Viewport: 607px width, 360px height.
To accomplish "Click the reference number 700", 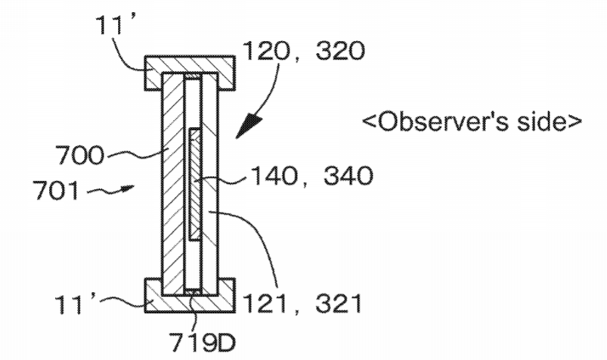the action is pyautogui.click(x=80, y=155).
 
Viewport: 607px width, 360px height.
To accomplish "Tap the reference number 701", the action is pyautogui.click(x=57, y=191).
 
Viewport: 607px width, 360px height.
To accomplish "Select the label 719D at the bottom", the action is pyautogui.click(x=203, y=343).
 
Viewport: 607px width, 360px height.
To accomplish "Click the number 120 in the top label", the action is pyautogui.click(x=267, y=51).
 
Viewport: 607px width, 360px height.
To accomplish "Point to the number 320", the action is pyautogui.click(x=341, y=51).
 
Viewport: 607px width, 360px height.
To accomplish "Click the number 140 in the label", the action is pyautogui.click(x=274, y=175).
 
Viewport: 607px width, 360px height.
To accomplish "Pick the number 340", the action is pyautogui.click(x=348, y=175).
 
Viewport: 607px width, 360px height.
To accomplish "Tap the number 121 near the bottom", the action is pyautogui.click(x=266, y=303).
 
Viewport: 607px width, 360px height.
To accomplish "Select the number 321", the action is pyautogui.click(x=339, y=303).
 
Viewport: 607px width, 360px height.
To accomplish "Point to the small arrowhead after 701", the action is pyautogui.click(x=129, y=188).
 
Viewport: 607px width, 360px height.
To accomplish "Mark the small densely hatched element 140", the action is pyautogui.click(x=195, y=185).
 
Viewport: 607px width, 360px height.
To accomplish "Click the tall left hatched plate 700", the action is pyautogui.click(x=172, y=184).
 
